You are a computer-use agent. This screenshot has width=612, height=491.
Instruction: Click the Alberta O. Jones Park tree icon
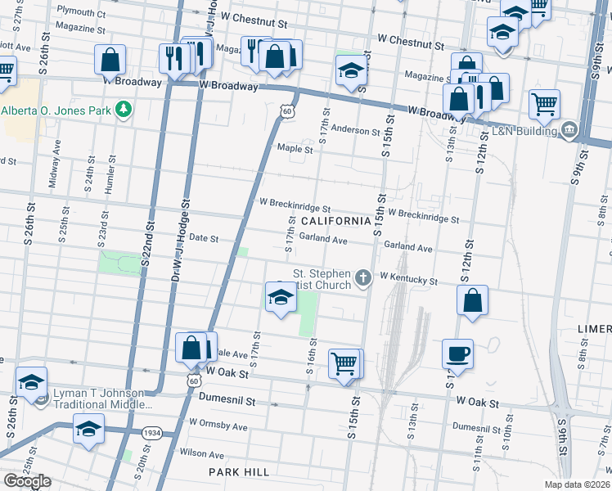click(124, 110)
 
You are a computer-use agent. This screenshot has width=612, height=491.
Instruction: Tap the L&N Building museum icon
click(569, 130)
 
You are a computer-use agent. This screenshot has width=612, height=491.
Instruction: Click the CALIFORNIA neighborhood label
click(335, 222)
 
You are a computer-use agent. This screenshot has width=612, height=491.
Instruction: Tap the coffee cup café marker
click(457, 354)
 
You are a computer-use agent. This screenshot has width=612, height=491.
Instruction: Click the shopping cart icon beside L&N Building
click(544, 104)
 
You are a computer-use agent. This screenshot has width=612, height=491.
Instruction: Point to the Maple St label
click(295, 149)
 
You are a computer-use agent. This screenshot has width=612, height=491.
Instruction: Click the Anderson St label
click(355, 131)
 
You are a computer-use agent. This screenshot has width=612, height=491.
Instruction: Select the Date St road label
click(204, 238)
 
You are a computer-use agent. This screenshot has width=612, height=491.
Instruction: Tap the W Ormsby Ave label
click(218, 426)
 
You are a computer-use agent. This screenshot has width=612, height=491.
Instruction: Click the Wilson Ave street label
click(201, 452)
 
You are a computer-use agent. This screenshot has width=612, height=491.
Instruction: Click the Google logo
click(27, 481)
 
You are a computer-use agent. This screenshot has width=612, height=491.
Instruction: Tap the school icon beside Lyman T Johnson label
click(32, 382)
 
